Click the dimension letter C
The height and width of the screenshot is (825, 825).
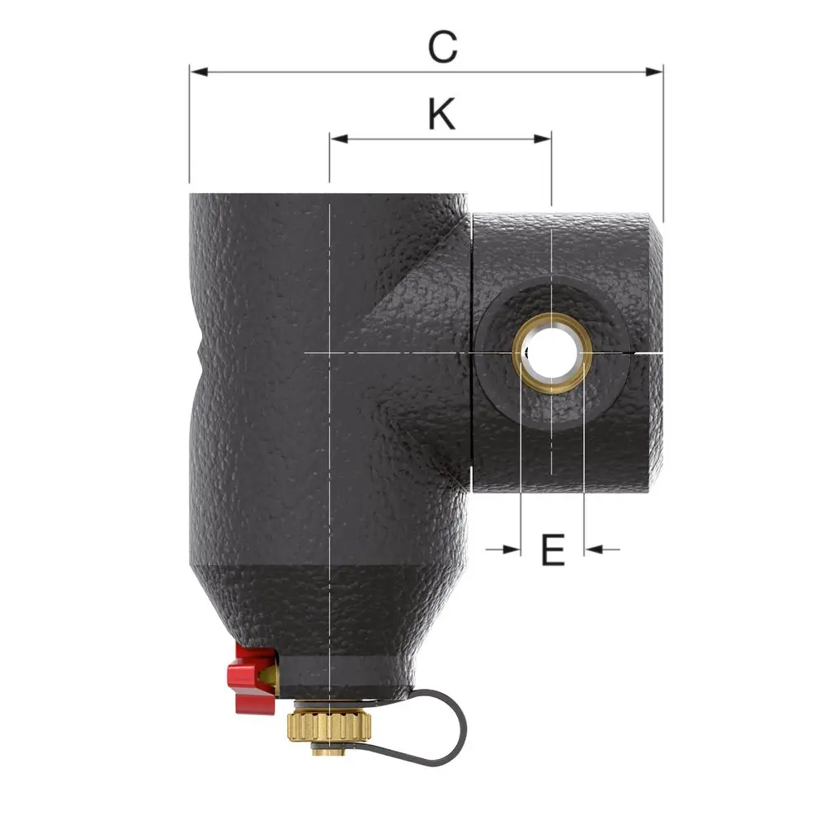tap(442, 47)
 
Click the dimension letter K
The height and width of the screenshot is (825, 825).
tap(441, 113)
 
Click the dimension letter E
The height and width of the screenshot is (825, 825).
tap(553, 549)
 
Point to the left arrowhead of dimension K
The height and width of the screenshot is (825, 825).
tap(339, 139)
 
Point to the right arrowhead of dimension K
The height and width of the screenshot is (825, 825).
tap(542, 139)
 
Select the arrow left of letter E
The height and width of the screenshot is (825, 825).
tap(503, 549)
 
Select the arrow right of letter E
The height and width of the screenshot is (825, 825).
tap(602, 549)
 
